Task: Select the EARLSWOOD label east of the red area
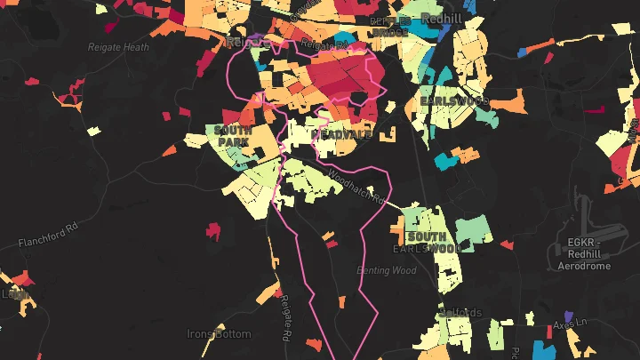[x=454, y=102]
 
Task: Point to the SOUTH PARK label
[x=232, y=135]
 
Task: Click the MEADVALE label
[x=341, y=133]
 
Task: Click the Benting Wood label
[x=386, y=269]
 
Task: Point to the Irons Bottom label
[x=219, y=334]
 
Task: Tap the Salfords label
[x=460, y=313]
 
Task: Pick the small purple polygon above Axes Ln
[x=568, y=315]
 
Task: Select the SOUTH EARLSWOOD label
[x=428, y=243]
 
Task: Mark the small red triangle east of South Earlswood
[x=507, y=244]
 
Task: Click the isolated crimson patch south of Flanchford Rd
[x=212, y=231]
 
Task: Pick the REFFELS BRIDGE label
[x=391, y=28]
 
